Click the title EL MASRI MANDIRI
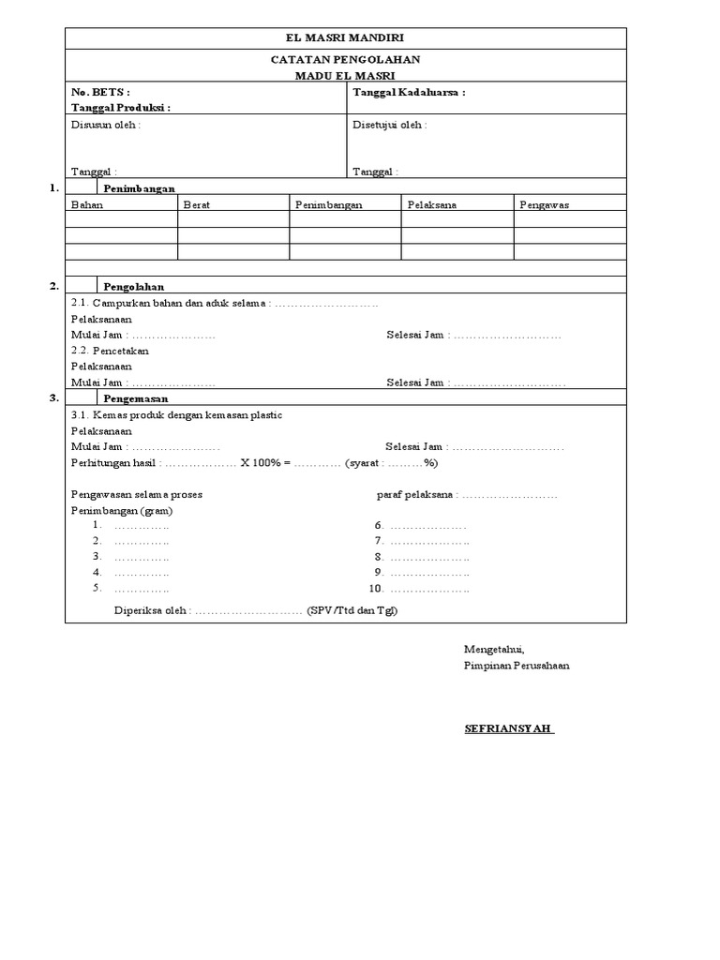(345, 37)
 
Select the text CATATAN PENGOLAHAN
(345, 60)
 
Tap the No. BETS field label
(101, 93)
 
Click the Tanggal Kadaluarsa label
(409, 93)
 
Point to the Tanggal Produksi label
(121, 108)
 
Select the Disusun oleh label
(106, 126)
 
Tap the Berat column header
(197, 204)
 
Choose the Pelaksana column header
(432, 204)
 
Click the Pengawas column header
(545, 204)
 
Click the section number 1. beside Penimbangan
(54, 188)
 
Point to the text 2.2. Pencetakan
(111, 351)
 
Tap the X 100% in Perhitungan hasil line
(261, 463)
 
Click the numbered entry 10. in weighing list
(377, 589)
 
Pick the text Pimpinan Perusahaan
(517, 666)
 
